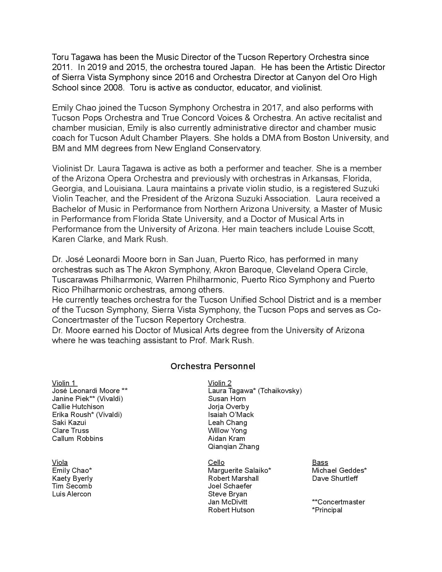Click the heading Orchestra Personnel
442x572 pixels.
pyautogui.click(x=213, y=366)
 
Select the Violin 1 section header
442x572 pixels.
pyautogui.click(x=64, y=383)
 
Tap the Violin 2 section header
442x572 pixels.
pyautogui.click(x=219, y=383)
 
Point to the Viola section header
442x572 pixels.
pyautogui.click(x=60, y=462)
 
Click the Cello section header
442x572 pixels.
pyautogui.click(x=216, y=462)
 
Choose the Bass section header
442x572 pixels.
pyautogui.click(x=320, y=462)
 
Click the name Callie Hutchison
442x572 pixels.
pyautogui.click(x=78, y=407)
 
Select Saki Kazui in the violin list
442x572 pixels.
pyautogui.click(x=69, y=423)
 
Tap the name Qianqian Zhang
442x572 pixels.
pyautogui.click(x=233, y=447)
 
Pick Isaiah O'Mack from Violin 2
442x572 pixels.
pyautogui.click(x=231, y=415)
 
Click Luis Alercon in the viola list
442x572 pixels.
pyautogui.click(x=71, y=494)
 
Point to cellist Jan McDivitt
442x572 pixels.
pyautogui.click(x=227, y=502)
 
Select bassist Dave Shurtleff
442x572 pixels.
pyautogui.click(x=335, y=478)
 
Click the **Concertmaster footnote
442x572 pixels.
pyautogui.click(x=338, y=502)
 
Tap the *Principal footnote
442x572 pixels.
pyautogui.click(x=327, y=510)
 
